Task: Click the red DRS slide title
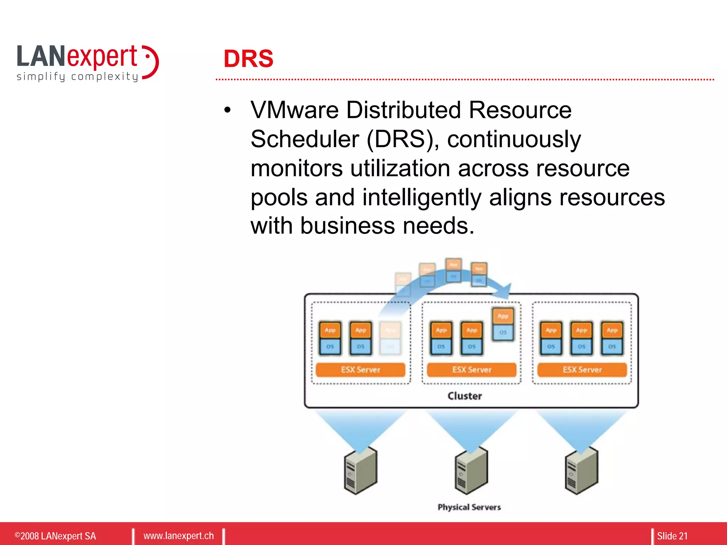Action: [x=248, y=59]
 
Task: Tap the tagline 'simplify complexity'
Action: [x=77, y=77]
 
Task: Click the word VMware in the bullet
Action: [x=294, y=110]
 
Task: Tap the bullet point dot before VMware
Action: [x=228, y=110]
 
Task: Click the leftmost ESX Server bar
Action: [x=360, y=370]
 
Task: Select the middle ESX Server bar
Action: [x=471, y=370]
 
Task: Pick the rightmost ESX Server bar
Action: [x=582, y=370]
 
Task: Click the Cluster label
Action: [x=465, y=396]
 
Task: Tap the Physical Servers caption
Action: [x=469, y=507]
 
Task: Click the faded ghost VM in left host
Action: [x=390, y=338]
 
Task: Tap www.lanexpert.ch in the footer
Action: [x=179, y=536]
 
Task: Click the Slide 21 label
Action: [x=672, y=536]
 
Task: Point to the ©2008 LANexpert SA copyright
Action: [x=55, y=536]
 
